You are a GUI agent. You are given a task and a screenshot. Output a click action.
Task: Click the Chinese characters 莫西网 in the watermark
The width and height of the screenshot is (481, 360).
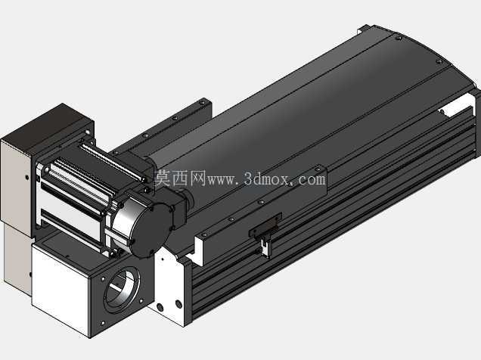tap(180, 178)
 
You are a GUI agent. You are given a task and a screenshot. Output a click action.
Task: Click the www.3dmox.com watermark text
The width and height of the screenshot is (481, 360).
tap(266, 179)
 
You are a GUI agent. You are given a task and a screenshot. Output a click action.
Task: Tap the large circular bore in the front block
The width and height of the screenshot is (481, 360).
tap(122, 287)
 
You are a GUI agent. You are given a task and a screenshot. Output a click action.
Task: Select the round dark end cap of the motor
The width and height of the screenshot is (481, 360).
tap(150, 229)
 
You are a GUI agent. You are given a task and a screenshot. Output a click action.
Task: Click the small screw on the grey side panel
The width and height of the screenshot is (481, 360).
tap(27, 177)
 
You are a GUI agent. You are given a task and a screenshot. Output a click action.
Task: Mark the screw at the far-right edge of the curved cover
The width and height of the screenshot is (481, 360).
tap(439, 61)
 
